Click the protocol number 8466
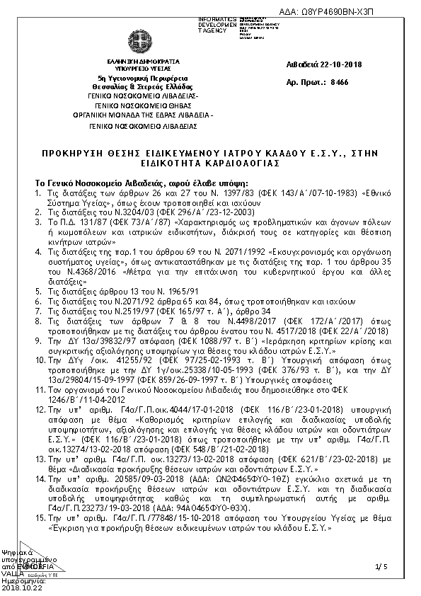click(340, 83)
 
